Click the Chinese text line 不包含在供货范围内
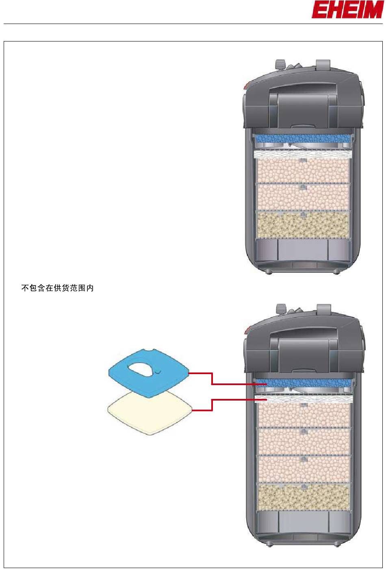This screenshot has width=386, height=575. pyautogui.click(x=57, y=288)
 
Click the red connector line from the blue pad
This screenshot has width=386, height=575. pyautogui.click(x=212, y=378)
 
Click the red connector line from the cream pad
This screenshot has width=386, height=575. pyautogui.click(x=212, y=405)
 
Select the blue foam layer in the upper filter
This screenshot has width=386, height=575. pyautogui.click(x=302, y=139)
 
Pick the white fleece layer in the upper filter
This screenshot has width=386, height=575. pyautogui.click(x=302, y=154)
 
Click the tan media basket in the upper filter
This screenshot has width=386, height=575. pyautogui.click(x=302, y=224)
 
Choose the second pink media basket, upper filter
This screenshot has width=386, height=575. pyautogui.click(x=302, y=197)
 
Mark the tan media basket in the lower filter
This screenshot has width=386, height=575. pyautogui.click(x=304, y=497)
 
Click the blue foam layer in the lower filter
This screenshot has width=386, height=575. pyautogui.click(x=304, y=383)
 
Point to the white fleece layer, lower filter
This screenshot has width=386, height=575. pyautogui.click(x=304, y=399)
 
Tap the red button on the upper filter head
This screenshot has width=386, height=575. pyautogui.click(x=247, y=86)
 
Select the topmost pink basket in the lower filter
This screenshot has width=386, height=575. pyautogui.click(x=304, y=415)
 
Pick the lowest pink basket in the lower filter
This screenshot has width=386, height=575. pyautogui.click(x=304, y=469)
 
